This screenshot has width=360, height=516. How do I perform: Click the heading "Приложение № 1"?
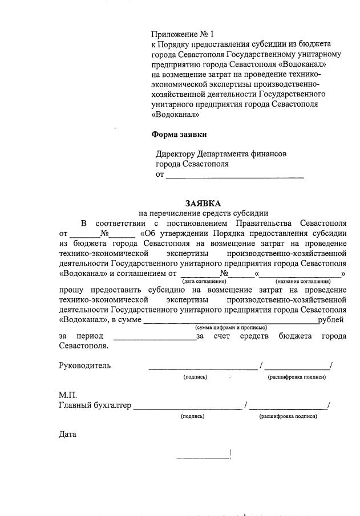tap(182, 35)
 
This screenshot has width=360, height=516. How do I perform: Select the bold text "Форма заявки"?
tap(179, 135)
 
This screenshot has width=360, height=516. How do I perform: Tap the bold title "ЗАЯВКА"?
tap(202, 204)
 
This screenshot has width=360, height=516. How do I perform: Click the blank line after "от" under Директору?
tap(234, 177)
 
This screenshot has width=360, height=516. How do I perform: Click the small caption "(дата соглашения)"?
tap(204, 282)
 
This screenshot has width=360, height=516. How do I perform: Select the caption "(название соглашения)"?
tap(303, 282)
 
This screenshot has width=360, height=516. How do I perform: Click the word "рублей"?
tap(332, 320)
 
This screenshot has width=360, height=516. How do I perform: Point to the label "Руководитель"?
tap(84, 365)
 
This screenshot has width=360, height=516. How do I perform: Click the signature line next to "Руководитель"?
tap(203, 368)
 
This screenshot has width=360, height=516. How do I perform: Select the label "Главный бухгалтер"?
tap(95, 405)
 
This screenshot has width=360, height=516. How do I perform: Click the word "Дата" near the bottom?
tap(67, 434)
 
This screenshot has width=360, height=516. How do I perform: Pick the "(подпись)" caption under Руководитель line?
tap(195, 377)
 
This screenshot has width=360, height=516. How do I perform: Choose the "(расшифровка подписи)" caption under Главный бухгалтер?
tap(288, 416)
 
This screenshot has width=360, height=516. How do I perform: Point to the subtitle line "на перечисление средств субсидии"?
tap(203, 213)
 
